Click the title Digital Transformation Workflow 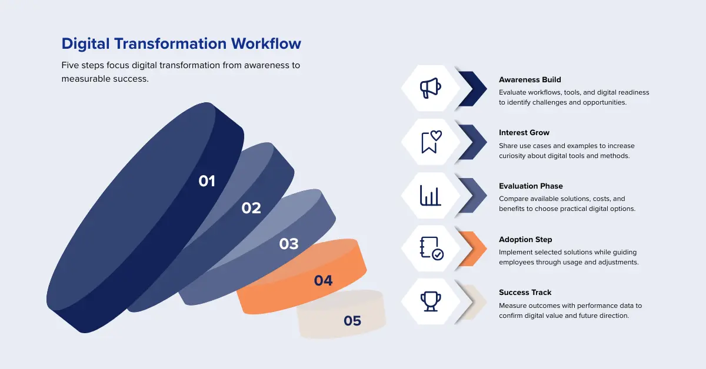(x=181, y=43)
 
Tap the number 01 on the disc (x=207, y=181)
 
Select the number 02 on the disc (x=251, y=208)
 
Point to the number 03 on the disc (x=289, y=244)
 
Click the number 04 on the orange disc (x=323, y=281)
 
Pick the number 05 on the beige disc (x=352, y=321)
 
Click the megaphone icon (x=431, y=89)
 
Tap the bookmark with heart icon (x=431, y=142)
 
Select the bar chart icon (x=431, y=195)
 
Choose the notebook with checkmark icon (x=431, y=249)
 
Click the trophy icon (x=431, y=301)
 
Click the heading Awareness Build (x=529, y=79)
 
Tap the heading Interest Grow (x=524, y=133)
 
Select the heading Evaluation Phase (x=531, y=186)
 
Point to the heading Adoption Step (x=525, y=240)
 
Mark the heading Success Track (x=525, y=293)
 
